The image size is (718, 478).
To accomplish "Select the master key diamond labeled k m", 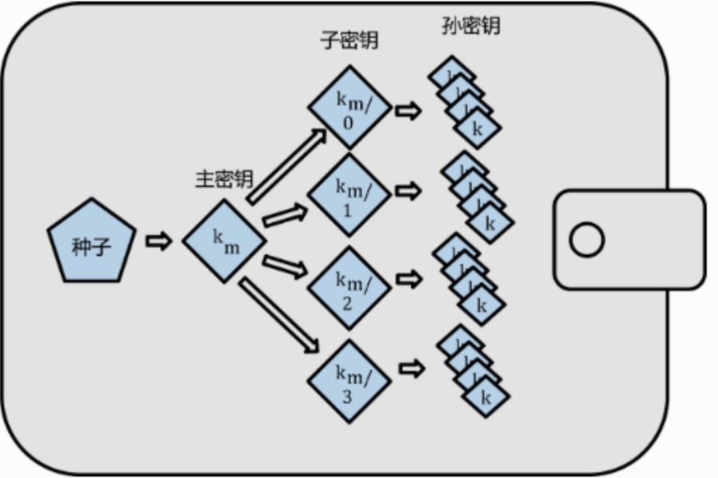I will tap(225, 240).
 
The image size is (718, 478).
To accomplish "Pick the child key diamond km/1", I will tap(349, 195).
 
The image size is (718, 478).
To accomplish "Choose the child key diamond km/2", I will tap(349, 287).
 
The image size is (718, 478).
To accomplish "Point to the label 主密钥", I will tap(224, 179).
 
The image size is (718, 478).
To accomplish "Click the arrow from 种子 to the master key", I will tap(159, 241).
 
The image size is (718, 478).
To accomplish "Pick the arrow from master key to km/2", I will tap(285, 265).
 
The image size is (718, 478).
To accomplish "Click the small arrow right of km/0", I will tap(408, 110).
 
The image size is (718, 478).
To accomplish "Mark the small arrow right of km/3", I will tap(412, 368).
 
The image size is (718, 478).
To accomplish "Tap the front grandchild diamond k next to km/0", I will tap(477, 129).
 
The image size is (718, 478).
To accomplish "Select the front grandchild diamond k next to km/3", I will tap(486, 398).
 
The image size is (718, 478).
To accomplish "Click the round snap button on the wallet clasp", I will tap(586, 240).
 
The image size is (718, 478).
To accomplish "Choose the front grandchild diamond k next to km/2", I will tap(482, 306).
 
